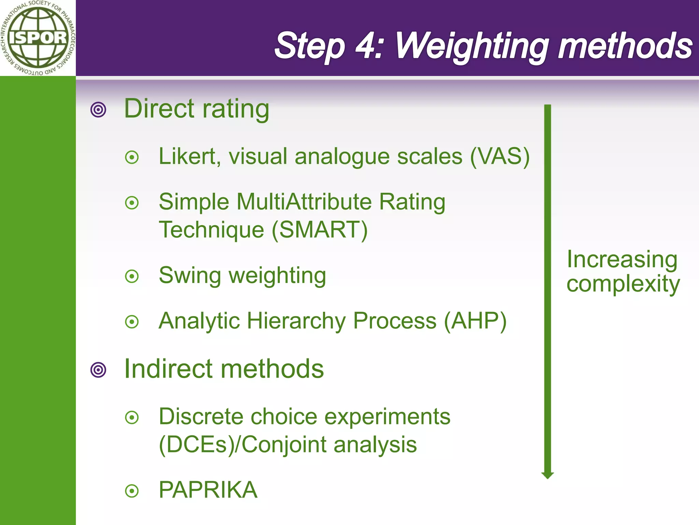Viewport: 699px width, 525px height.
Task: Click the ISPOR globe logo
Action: pyautogui.click(x=38, y=38)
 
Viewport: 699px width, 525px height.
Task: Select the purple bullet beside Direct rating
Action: pyautogui.click(x=98, y=110)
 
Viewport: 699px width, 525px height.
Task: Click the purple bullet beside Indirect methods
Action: pyautogui.click(x=98, y=370)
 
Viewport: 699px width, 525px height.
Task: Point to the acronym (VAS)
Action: pyautogui.click(x=500, y=157)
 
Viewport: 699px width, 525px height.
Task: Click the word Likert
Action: pyautogui.click(x=187, y=157)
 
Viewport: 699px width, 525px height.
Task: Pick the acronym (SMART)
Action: pyautogui.click(x=320, y=230)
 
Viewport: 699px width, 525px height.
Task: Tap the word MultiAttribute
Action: pyautogui.click(x=304, y=202)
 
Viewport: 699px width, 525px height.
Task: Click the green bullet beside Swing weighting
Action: pyautogui.click(x=132, y=276)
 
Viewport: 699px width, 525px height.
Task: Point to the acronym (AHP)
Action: pyautogui.click(x=475, y=321)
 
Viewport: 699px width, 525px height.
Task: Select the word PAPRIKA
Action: pyautogui.click(x=208, y=490)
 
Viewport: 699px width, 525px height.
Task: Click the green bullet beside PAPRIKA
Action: pyautogui.click(x=132, y=491)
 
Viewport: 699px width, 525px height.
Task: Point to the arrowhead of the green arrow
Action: pyautogui.click(x=547, y=475)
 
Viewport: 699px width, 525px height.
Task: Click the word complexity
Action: pyautogui.click(x=623, y=284)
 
